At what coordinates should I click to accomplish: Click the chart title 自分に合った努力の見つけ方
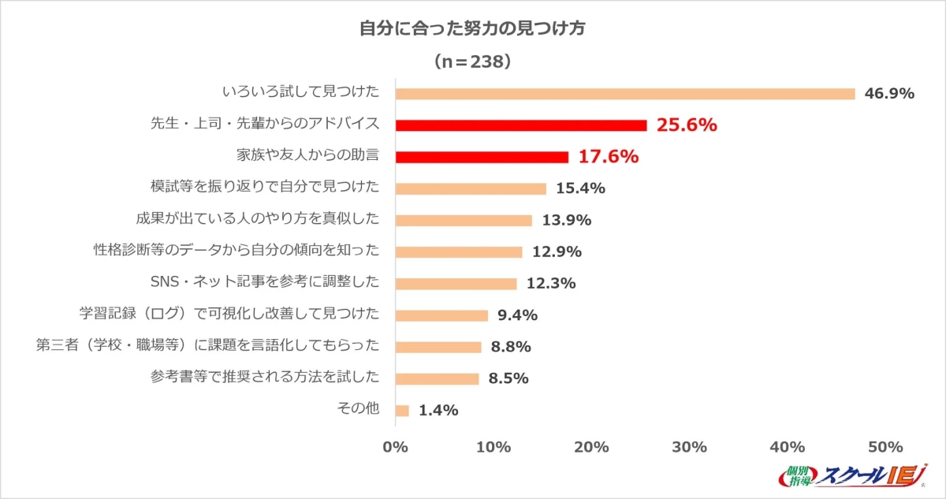click(472, 29)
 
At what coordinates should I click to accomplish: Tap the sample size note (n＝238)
click(473, 61)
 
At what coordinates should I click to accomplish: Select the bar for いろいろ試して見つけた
click(624, 94)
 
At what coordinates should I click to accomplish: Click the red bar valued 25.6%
click(520, 125)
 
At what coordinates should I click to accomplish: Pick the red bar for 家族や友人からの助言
click(481, 157)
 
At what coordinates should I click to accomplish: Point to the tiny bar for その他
click(402, 411)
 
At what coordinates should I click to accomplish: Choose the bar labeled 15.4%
click(470, 188)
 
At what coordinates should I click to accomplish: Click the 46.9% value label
click(889, 94)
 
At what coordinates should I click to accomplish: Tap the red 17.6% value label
click(608, 157)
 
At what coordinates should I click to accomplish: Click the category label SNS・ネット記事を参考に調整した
click(264, 283)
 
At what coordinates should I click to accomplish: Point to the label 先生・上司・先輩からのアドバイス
click(265, 125)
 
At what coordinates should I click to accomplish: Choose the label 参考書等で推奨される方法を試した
click(265, 378)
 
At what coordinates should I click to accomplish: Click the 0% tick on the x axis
click(394, 448)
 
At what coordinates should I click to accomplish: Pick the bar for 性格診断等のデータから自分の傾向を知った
click(458, 252)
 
